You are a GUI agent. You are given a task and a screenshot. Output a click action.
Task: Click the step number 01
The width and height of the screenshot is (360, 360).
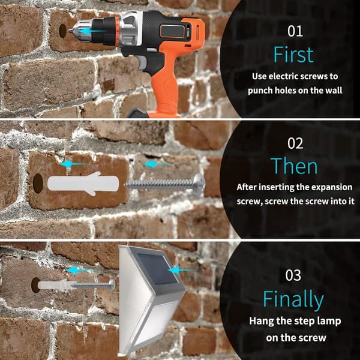(295, 31)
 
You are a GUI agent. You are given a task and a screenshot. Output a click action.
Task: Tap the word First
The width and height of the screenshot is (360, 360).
(293, 55)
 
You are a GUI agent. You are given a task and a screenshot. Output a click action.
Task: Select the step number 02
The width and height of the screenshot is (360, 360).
(295, 143)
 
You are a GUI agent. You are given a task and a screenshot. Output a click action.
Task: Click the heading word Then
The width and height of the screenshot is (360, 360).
(294, 166)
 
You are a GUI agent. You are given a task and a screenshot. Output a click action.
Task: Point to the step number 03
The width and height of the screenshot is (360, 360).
(293, 275)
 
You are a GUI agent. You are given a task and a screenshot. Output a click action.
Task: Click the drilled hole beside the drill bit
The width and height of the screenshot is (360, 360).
(62, 31)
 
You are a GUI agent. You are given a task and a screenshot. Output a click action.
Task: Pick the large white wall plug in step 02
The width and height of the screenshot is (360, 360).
(83, 184)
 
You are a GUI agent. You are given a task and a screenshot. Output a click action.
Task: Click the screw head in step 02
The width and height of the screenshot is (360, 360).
(199, 184)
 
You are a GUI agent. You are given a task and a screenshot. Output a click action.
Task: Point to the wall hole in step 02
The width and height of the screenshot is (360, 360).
(38, 183)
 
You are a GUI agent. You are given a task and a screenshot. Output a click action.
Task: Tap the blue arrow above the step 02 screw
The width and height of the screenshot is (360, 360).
(157, 164)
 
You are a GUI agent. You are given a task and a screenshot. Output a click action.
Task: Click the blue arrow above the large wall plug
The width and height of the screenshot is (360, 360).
(73, 164)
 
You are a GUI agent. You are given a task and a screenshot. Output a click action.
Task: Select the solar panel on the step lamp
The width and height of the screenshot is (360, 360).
(158, 269)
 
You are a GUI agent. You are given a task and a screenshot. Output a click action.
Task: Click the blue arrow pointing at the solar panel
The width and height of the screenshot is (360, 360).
(182, 270)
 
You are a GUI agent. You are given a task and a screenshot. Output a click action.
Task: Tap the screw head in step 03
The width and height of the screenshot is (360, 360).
(112, 286)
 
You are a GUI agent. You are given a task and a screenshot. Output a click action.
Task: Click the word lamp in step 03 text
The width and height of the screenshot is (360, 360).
(329, 322)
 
